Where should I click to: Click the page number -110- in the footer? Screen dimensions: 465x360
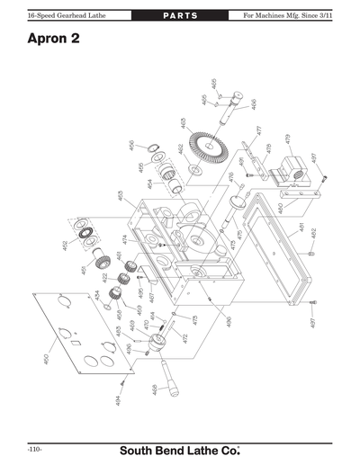(x=34, y=449)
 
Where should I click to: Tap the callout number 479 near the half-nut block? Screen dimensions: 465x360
(x=287, y=139)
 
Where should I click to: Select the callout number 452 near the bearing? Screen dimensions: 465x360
(x=65, y=245)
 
